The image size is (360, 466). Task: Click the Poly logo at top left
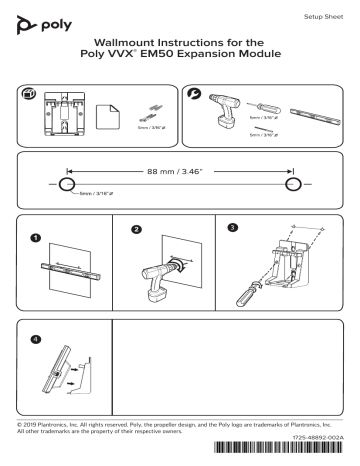click(x=37, y=21)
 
